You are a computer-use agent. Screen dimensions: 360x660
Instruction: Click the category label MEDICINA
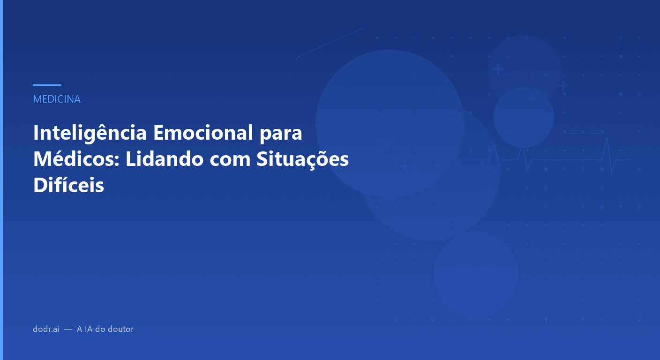pos(57,99)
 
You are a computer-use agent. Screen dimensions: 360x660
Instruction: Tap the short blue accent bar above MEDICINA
pos(47,85)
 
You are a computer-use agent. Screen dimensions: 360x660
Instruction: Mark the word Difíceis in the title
pos(68,185)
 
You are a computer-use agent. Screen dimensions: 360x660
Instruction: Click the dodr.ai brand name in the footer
pos(46,329)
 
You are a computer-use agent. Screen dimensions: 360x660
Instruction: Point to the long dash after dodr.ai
pos(68,330)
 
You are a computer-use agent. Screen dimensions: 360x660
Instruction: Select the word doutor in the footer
pos(121,329)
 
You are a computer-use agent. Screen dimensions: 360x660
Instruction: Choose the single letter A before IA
pos(79,329)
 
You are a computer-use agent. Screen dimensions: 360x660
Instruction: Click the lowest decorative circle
pos(476,274)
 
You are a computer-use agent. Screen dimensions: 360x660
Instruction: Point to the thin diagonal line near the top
pos(330,42)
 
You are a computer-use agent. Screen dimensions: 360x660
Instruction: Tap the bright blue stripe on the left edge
pos(1,180)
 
